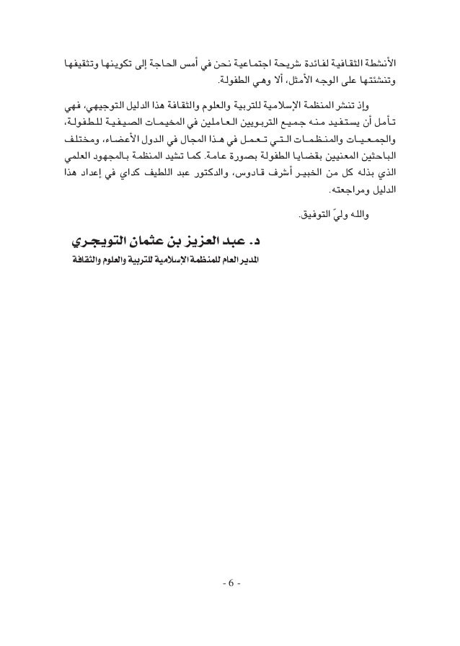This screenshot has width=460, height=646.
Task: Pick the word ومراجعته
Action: tap(344, 193)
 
